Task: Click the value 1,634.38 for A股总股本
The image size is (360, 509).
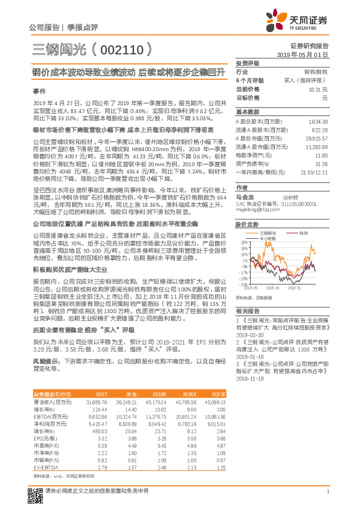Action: click(x=318, y=122)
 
